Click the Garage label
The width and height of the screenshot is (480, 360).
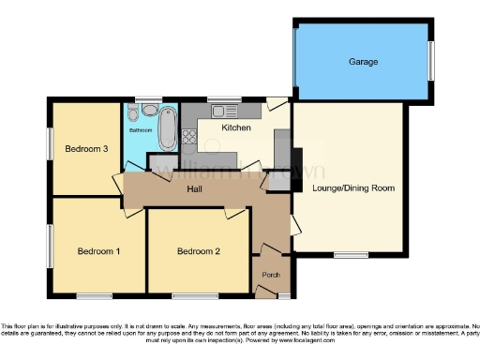click(364, 62)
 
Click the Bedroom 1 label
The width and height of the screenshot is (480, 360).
click(98, 250)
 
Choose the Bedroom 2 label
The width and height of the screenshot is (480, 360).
click(199, 250)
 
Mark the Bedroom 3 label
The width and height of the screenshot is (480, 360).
click(86, 149)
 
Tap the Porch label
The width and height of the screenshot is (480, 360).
click(271, 275)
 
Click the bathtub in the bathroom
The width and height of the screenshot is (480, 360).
click(169, 130)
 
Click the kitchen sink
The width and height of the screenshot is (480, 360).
click(205, 111)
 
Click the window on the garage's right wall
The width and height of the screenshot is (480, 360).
click(431, 62)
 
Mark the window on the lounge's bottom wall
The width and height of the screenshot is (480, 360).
click(352, 255)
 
